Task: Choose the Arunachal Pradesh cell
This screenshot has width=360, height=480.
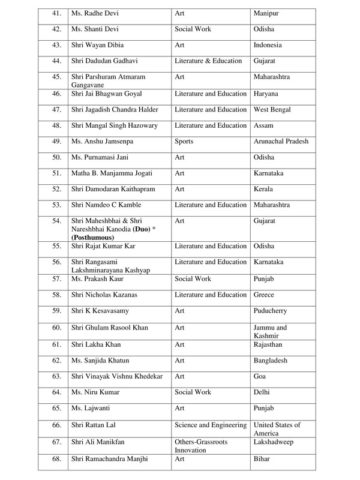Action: coord(282,142)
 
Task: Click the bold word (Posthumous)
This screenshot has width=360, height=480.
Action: coord(93,238)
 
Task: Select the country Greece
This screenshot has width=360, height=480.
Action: coord(265,295)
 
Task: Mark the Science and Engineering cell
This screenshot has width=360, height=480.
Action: coord(211,425)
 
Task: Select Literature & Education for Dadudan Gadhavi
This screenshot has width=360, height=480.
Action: coord(208,61)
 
